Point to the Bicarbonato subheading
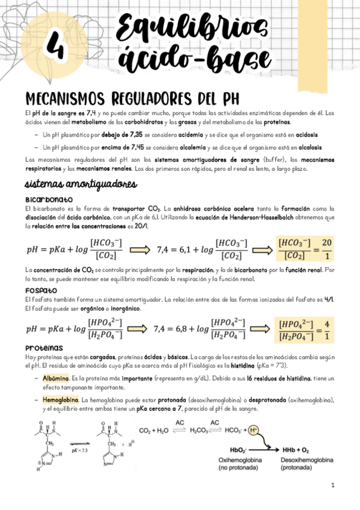[x=49, y=199]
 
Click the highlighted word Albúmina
[x=56, y=378]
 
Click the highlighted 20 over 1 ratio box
[x=304, y=249]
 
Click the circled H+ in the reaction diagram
[x=254, y=430]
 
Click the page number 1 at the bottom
[x=332, y=485]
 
